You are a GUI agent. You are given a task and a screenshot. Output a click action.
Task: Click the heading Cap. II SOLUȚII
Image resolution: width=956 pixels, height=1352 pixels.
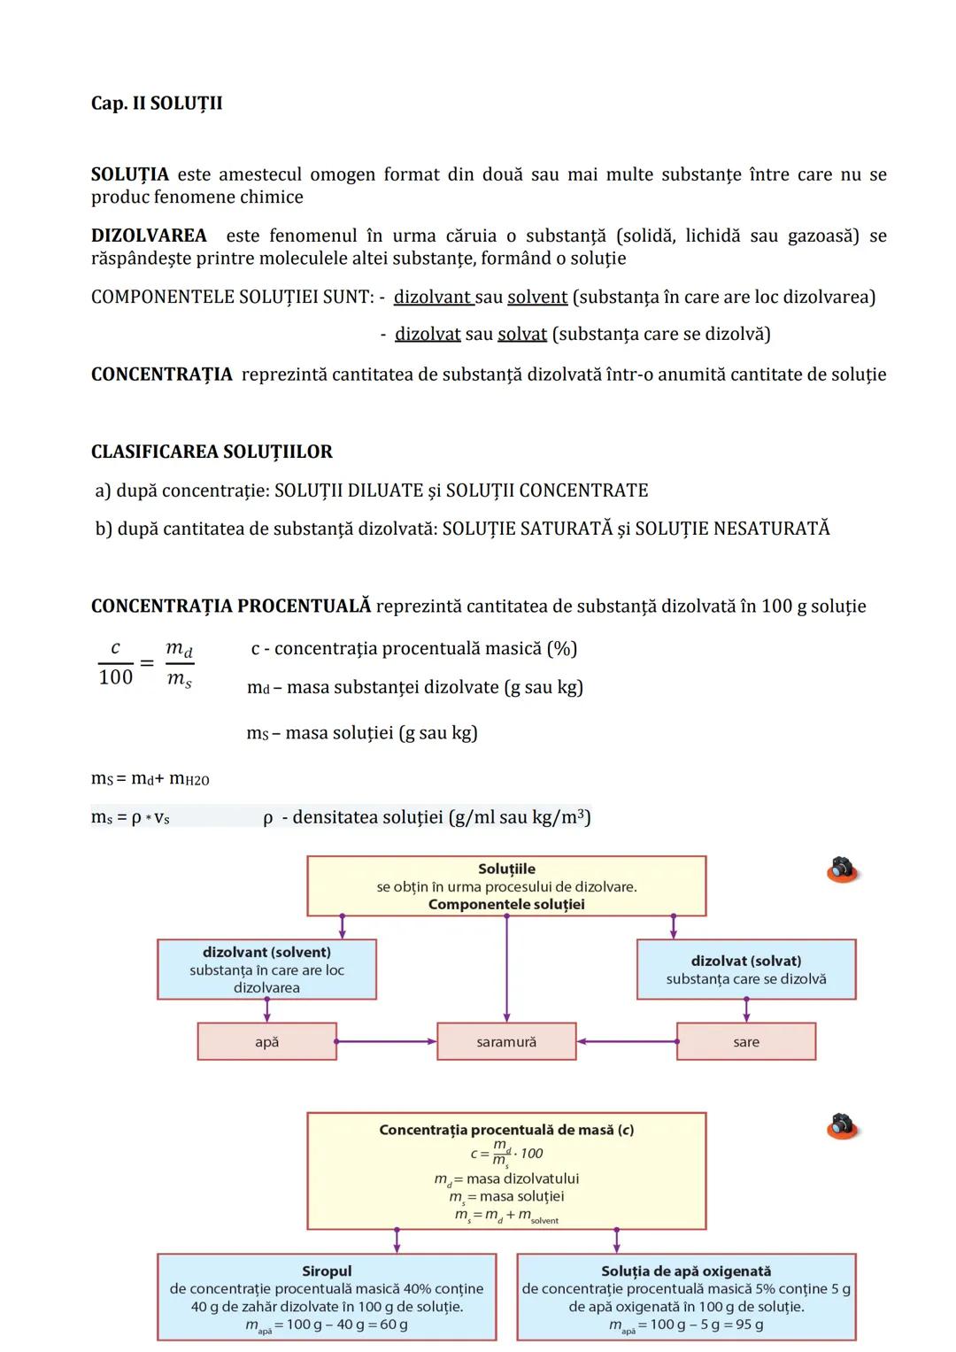click(x=157, y=104)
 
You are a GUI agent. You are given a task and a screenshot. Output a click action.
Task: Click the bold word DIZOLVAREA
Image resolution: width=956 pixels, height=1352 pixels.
click(x=149, y=236)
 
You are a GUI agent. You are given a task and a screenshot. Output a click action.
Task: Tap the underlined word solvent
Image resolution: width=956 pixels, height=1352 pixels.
click(x=537, y=297)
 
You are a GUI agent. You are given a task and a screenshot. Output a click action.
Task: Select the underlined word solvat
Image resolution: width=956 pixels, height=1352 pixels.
click(x=522, y=335)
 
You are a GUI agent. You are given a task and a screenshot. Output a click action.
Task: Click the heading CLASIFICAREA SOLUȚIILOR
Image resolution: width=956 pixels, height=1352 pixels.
click(x=212, y=452)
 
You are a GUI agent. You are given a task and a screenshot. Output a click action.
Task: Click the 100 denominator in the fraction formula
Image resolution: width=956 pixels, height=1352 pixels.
click(x=115, y=677)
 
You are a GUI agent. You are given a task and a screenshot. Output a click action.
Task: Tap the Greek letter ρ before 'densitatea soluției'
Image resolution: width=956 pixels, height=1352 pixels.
click(x=267, y=818)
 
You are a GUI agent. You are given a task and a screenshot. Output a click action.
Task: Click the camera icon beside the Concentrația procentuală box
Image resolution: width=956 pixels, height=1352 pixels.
click(x=843, y=1126)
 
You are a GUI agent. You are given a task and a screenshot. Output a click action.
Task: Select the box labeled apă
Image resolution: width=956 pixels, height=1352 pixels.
click(x=266, y=1042)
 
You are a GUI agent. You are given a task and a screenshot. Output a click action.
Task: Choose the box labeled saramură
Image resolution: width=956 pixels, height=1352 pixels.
click(x=506, y=1042)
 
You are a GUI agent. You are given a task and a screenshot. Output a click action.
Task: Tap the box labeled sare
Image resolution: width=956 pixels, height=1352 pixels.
click(x=746, y=1042)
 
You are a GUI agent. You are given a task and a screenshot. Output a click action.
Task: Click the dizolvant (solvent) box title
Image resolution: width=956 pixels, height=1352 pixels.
click(x=266, y=953)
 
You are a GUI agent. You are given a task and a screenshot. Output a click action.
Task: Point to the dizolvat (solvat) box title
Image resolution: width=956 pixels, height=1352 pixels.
click(x=746, y=961)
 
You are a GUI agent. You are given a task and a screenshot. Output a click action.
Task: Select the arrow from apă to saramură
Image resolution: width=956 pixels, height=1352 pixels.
click(x=387, y=1041)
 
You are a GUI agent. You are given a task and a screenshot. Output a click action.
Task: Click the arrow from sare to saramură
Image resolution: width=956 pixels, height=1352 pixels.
click(x=627, y=1041)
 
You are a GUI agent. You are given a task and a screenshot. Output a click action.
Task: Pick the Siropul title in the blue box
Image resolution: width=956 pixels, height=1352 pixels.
click(x=327, y=1271)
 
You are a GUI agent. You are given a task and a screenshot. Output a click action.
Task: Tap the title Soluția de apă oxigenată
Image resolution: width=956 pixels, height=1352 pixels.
click(x=686, y=1271)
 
